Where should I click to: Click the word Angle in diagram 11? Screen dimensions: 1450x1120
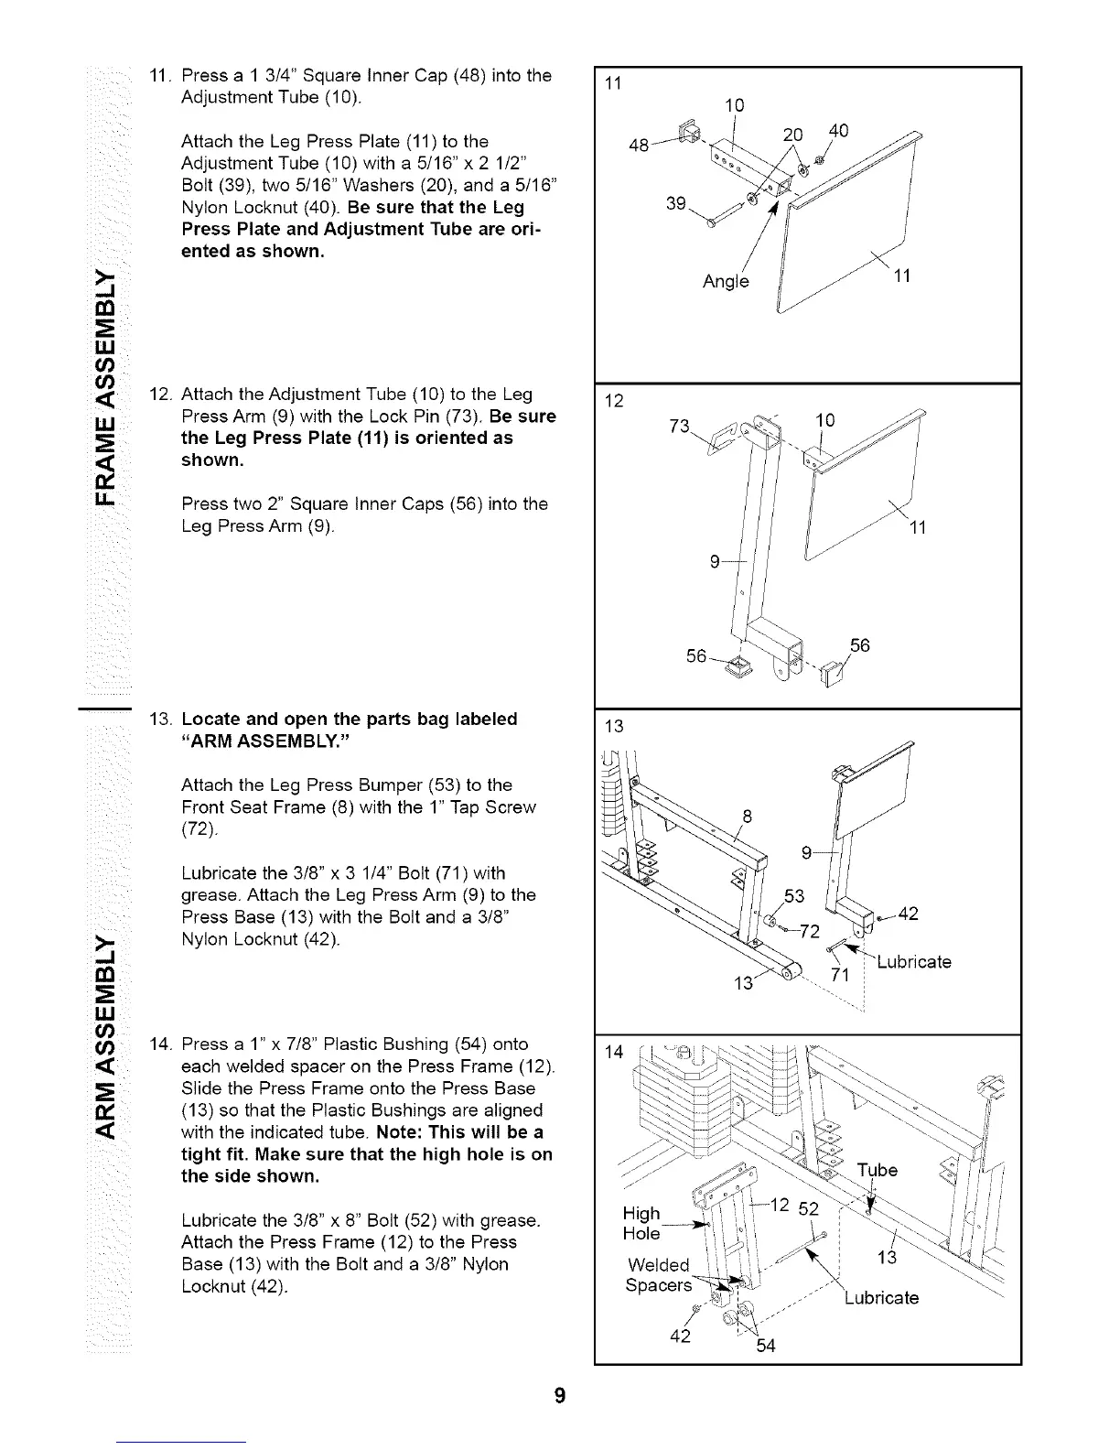pyautogui.click(x=726, y=282)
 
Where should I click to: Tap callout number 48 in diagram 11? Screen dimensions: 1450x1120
pyautogui.click(x=641, y=146)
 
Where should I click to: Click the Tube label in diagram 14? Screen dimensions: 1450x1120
pyautogui.click(x=878, y=1171)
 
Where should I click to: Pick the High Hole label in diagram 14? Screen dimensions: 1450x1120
pyautogui.click(x=641, y=1223)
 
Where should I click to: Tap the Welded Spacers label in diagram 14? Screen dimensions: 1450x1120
pyautogui.click(x=658, y=1275)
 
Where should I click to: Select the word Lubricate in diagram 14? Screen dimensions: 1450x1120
pyautogui.click(x=880, y=1298)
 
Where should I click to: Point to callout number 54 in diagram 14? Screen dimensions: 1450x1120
pyautogui.click(x=766, y=1346)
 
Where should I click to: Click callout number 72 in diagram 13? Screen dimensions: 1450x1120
pyautogui.click(x=809, y=933)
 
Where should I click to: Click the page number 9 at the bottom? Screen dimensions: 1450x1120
pyautogui.click(x=560, y=1396)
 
